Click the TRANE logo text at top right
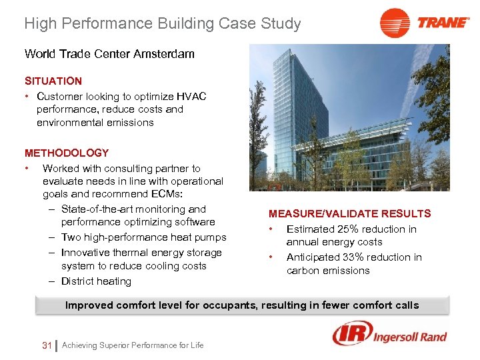(444, 22)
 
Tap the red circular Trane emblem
(395, 23)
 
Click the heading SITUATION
(53, 81)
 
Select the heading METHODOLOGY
(67, 153)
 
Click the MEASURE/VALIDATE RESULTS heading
(349, 213)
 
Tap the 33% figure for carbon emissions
(365, 257)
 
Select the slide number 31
(47, 345)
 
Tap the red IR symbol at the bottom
(349, 333)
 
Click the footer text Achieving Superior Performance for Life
(132, 345)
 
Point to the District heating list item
(96, 281)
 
